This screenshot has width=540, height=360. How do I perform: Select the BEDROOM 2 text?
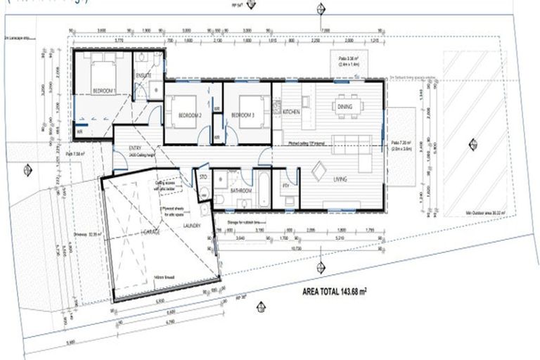point(189,115)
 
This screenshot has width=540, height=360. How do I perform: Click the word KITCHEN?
point(292,112)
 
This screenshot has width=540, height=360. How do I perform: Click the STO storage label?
point(202,177)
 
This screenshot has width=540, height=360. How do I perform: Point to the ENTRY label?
point(135,148)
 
